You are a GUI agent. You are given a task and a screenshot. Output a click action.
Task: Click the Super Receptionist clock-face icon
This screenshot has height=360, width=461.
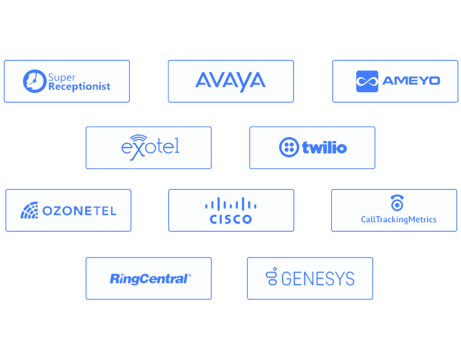point(35,81)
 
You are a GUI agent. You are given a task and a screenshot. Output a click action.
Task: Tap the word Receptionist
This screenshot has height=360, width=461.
point(79,87)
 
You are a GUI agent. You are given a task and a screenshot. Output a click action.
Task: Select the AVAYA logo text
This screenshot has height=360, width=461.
point(230,82)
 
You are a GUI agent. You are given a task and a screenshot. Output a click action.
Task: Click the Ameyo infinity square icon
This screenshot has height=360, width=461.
point(367,82)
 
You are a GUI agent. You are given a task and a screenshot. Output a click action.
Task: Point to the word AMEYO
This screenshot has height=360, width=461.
point(411,81)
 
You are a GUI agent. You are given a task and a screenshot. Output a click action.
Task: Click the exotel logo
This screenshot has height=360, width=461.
point(150,148)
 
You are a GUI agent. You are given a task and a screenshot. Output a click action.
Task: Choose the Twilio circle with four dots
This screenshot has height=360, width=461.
point(289,147)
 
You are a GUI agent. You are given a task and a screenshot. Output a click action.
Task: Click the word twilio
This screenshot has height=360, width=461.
point(325,148)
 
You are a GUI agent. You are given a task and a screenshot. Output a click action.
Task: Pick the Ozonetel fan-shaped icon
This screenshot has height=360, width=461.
point(30,210)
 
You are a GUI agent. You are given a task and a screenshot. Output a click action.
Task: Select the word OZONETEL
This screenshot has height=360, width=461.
point(79,211)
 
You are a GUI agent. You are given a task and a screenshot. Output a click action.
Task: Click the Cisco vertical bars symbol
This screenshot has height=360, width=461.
point(231,204)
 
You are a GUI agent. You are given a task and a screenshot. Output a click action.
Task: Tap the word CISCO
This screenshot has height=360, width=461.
point(231,219)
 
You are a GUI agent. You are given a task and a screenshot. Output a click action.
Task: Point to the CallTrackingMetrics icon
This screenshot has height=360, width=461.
point(397,203)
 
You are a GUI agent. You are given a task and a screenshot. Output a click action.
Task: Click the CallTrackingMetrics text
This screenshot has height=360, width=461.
point(399,220)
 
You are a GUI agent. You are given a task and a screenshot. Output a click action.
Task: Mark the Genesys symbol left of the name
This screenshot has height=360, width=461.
point(272,276)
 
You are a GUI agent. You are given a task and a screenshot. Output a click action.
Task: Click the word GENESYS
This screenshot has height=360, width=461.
point(318,278)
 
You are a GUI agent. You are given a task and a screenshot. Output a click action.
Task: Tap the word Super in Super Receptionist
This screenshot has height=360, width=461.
point(62,77)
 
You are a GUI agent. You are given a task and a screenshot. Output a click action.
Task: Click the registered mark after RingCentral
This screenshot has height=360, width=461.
point(190,275)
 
